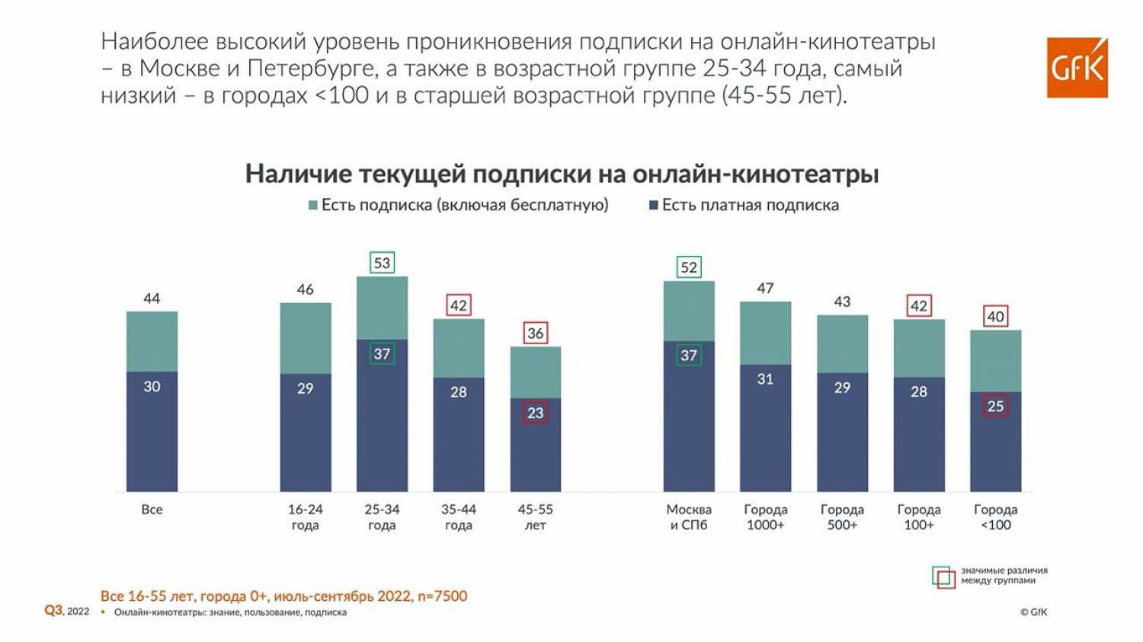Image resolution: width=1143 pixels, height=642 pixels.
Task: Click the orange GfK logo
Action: [x=1077, y=68]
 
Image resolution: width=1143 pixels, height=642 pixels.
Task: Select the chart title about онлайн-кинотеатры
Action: [x=562, y=174]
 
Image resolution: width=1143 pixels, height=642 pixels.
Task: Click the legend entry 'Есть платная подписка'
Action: [x=744, y=205]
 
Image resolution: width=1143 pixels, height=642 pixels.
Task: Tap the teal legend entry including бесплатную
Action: [x=458, y=205]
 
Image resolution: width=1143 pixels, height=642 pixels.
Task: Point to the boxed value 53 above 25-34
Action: [x=382, y=263]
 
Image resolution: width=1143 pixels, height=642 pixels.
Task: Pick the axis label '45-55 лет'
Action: [x=535, y=517]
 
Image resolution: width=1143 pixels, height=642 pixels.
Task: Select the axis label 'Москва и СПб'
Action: [x=689, y=517]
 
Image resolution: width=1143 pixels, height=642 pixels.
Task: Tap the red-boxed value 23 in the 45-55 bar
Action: [x=535, y=413]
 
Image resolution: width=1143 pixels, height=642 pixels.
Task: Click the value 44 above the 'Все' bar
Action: [x=152, y=299]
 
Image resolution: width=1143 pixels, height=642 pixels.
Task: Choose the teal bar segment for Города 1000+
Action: [x=765, y=333]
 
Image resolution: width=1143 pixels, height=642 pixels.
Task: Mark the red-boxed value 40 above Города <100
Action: [x=995, y=317]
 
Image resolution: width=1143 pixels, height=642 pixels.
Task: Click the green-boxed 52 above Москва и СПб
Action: [x=689, y=267]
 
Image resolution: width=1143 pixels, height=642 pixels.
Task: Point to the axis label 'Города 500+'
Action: [x=842, y=517]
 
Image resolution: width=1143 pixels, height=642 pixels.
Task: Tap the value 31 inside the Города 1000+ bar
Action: [x=765, y=378]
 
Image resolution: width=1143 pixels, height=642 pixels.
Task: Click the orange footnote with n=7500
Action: [x=283, y=596]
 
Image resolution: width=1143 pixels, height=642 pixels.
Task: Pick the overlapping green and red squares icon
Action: [x=943, y=577]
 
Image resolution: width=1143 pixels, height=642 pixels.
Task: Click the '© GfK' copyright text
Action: [x=1033, y=612]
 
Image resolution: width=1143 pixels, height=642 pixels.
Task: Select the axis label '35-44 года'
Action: [x=459, y=517]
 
